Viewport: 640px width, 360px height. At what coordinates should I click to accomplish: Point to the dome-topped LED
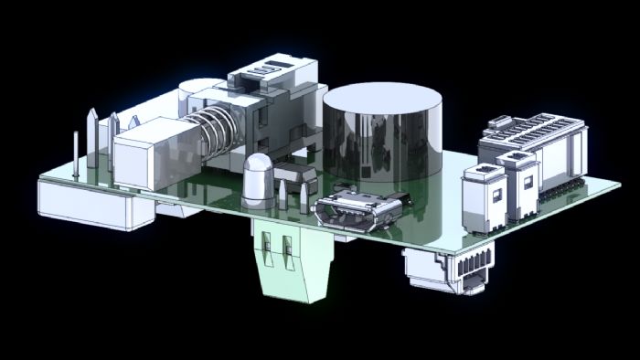point(259,175)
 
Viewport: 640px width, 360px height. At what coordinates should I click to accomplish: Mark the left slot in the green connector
point(268,248)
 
